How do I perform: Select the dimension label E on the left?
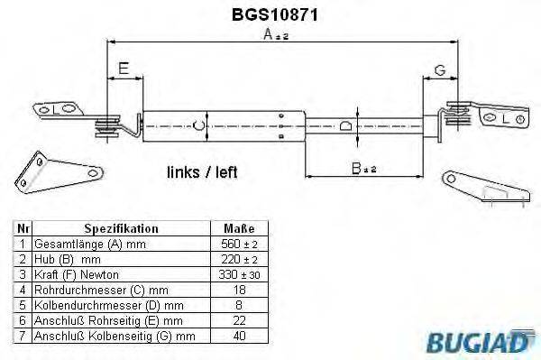coord(123,69)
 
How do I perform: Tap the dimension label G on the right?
coord(439,69)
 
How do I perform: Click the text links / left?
coord(202,171)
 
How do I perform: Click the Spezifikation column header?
coord(121,228)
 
